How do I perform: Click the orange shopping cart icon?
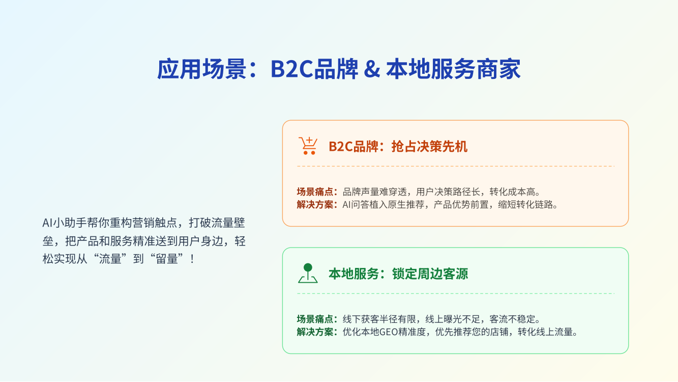coord(308,146)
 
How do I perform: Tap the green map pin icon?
coord(308,273)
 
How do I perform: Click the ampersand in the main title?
coord(372,69)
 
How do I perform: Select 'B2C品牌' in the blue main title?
coord(314,69)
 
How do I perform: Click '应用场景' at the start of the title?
coord(201,69)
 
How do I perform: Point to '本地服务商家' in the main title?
coord(453,69)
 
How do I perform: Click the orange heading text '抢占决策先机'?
coord(429,147)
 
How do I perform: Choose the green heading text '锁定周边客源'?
coord(430,274)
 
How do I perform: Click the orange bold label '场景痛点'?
coord(315,192)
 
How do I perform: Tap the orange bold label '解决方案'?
coord(315,205)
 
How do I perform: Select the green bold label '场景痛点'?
coord(315,319)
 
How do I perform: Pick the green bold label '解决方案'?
coord(315,332)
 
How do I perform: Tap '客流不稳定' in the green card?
coord(512,319)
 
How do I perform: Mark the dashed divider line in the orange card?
coord(456,166)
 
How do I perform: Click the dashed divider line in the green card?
coord(456,293)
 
